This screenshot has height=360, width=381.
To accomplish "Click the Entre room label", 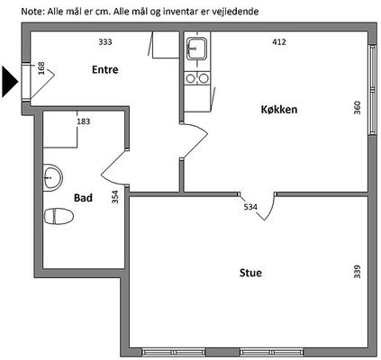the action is (105, 69).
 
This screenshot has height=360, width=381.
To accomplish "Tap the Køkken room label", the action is (279, 109).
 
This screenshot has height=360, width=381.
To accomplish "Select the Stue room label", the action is (250, 273).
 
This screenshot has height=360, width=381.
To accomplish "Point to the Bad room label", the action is (83, 198).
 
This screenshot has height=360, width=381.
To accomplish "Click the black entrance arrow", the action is (10, 82).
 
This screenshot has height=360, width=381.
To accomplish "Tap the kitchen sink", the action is (196, 49).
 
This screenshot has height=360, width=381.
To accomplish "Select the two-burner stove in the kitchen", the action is (197, 78).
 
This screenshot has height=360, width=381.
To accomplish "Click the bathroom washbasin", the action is (52, 177).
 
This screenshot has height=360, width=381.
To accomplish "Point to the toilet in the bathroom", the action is (59, 216).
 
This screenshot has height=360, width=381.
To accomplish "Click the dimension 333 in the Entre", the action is (105, 41).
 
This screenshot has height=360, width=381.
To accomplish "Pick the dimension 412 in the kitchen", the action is (279, 41).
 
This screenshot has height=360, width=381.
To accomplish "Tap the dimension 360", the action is (358, 108).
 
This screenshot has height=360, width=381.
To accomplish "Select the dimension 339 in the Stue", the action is (358, 272).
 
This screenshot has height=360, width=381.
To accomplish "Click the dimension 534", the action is (250, 207).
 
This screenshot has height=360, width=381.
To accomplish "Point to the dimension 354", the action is (115, 197).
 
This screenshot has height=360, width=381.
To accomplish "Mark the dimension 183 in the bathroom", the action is (84, 121).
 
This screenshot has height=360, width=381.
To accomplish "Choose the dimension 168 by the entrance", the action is (41, 68).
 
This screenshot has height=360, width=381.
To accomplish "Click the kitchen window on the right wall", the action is (373, 90).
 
